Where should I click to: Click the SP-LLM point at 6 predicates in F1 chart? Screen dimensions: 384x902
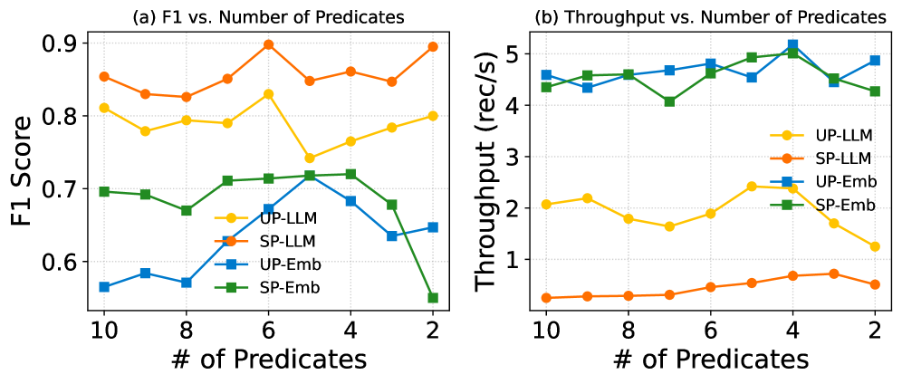[268, 44]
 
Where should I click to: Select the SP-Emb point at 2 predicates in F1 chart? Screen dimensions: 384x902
[433, 298]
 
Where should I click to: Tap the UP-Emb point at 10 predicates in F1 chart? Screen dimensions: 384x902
[104, 287]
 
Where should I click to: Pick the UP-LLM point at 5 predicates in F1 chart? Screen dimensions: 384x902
[310, 158]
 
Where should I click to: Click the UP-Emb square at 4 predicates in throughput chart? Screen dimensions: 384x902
[793, 44]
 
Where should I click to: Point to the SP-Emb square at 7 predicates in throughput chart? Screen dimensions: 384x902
[669, 101]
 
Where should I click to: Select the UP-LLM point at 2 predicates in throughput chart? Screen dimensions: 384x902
[875, 246]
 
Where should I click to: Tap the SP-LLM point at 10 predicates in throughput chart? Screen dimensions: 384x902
[546, 298]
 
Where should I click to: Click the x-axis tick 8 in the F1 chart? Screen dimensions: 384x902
[186, 329]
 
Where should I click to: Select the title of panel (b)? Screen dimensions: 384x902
[710, 16]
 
